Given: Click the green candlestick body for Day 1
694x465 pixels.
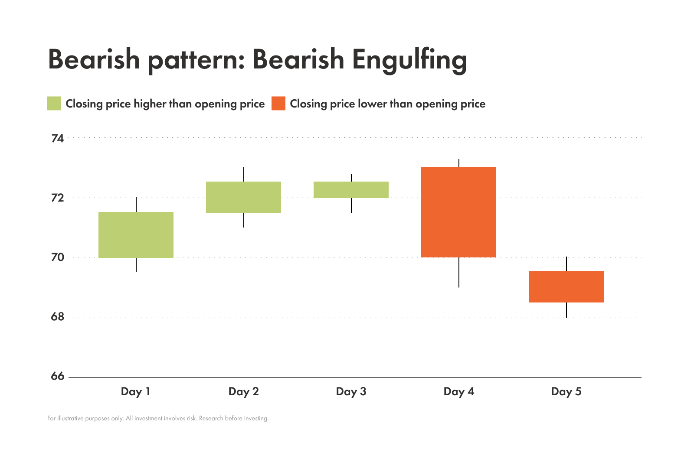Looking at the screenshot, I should click(x=136, y=235).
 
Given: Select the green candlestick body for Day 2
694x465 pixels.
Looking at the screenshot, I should click(x=243, y=197).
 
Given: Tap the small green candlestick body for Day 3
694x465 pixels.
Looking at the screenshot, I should click(x=351, y=190).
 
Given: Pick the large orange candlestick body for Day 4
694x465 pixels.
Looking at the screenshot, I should click(x=458, y=212).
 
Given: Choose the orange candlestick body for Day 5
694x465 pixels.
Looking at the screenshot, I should click(x=566, y=287).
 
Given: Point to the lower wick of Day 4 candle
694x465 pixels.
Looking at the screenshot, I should click(x=458, y=273).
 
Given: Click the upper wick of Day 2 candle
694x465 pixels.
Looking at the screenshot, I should click(x=243, y=174).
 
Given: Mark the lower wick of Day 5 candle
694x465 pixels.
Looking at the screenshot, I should click(x=566, y=310).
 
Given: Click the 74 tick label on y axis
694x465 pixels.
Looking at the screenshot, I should click(x=57, y=139).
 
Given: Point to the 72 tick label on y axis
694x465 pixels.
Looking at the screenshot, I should click(x=57, y=198).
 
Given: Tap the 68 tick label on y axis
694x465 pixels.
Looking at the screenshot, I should click(x=57, y=317).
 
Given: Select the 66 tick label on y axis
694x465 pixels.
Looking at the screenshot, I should click(x=57, y=376).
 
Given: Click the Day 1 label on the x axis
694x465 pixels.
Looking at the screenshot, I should click(x=135, y=392).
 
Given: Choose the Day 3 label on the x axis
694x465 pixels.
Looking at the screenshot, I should click(x=351, y=392).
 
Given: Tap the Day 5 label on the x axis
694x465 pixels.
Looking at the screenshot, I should click(x=566, y=392).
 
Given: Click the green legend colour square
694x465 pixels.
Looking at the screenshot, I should click(x=54, y=104).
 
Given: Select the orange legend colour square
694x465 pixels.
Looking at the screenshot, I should click(x=278, y=104).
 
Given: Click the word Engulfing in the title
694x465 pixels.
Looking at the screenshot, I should click(x=409, y=60).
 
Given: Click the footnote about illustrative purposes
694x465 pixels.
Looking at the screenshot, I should click(x=158, y=419).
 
